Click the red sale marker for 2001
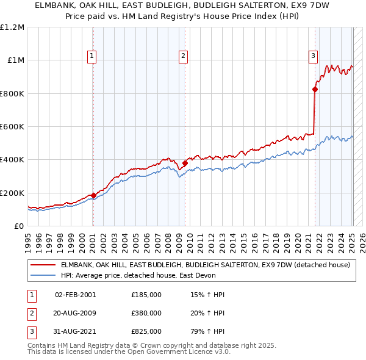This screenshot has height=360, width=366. tap(93, 195)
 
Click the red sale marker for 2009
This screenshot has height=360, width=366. tap(184, 163)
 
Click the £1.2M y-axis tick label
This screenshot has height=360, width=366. tap(12, 27)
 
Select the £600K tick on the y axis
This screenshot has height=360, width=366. tap(12, 127)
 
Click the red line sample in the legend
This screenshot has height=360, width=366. tap(43, 265)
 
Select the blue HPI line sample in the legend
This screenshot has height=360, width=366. tap(43, 275)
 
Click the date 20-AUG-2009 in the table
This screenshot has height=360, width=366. tap(76, 313)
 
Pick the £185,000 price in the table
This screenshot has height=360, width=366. tap(146, 295)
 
